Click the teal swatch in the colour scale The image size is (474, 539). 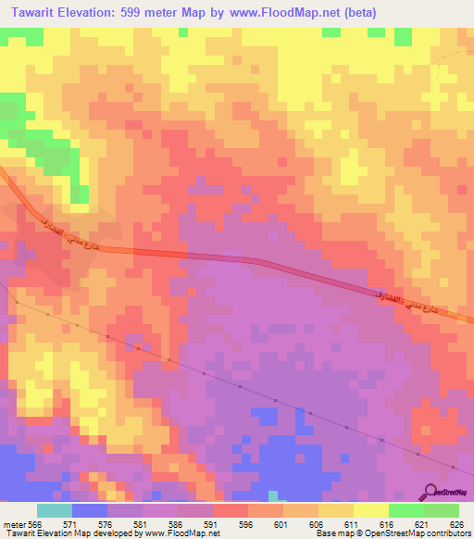point(55,510)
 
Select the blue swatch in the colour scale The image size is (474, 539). point(90,510)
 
